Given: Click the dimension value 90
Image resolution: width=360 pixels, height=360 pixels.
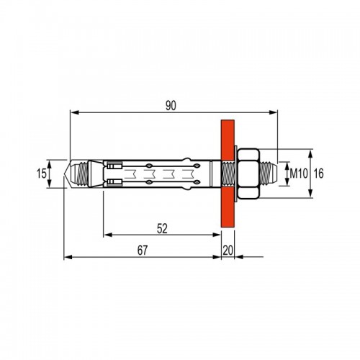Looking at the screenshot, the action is click(x=171, y=106).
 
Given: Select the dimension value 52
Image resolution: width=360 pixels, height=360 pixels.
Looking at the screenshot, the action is click(x=162, y=228).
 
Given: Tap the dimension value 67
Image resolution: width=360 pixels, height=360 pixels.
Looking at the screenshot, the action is click(x=143, y=251).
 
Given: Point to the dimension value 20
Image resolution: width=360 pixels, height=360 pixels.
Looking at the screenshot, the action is click(x=228, y=251).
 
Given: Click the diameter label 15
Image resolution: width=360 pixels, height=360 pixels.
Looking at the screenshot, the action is click(x=41, y=174).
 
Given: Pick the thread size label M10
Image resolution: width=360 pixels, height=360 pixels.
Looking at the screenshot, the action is click(x=299, y=174).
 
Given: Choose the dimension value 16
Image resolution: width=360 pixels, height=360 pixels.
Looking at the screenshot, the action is click(x=319, y=174).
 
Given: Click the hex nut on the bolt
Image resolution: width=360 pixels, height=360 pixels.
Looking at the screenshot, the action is click(x=248, y=174).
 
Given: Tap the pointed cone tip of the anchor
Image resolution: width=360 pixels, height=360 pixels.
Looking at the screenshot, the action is click(x=67, y=174).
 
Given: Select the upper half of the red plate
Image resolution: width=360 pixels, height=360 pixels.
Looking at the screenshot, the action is click(x=228, y=140).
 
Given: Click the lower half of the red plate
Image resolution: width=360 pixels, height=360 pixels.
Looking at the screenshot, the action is click(x=228, y=207).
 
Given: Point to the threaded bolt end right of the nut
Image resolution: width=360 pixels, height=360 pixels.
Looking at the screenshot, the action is click(x=269, y=174).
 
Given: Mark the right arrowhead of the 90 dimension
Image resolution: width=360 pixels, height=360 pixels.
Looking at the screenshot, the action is click(x=273, y=112).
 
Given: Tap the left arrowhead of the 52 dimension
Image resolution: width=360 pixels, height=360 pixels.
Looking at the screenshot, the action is click(x=109, y=235).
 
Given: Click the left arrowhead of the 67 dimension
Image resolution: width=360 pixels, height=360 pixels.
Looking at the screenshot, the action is click(x=68, y=257).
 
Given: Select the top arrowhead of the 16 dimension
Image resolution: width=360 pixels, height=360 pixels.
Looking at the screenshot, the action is click(x=310, y=154).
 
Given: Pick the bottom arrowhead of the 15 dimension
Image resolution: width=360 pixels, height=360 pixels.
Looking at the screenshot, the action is click(x=49, y=184).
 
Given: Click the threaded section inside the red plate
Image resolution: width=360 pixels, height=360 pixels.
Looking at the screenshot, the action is click(x=228, y=174).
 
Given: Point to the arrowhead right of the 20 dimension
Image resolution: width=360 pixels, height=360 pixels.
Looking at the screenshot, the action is click(x=239, y=257).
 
